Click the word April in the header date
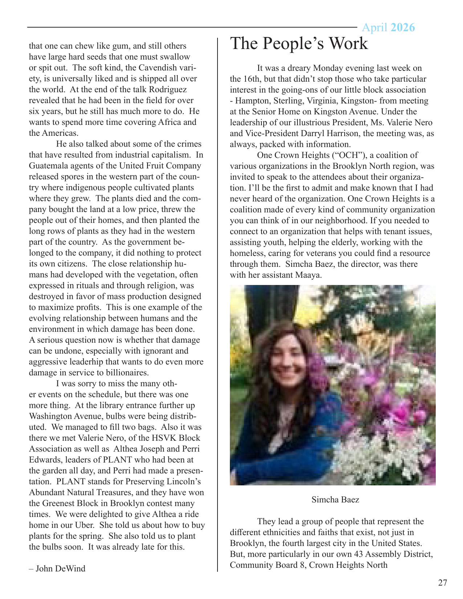[x=374, y=28]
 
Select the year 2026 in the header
[x=403, y=28]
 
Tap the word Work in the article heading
[x=348, y=44]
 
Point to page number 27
[x=442, y=583]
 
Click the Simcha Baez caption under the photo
[x=335, y=500]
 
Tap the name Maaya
[x=308, y=275]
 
